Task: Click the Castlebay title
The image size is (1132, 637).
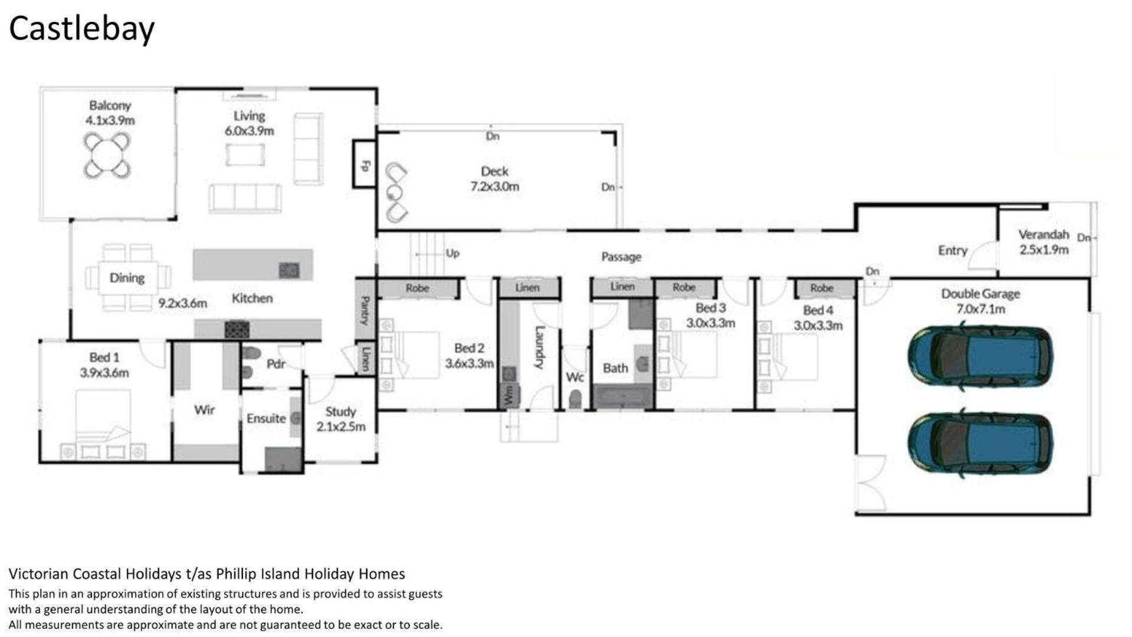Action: point(81,29)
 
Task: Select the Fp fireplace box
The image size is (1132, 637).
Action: point(365,164)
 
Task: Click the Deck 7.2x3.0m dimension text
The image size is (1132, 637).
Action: point(494,186)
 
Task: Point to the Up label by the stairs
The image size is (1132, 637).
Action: point(452,253)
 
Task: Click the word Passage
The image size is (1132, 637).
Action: point(621,257)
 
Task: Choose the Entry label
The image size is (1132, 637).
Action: point(953,250)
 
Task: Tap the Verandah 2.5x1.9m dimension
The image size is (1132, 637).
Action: point(1044,249)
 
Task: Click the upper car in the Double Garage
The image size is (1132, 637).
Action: point(980,356)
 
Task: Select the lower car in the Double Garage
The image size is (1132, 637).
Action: point(980,442)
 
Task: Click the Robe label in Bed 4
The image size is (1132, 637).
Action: point(822,288)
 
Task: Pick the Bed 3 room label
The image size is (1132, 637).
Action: point(710,308)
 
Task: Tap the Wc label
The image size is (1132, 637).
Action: point(575,377)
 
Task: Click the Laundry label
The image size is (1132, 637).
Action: point(539,347)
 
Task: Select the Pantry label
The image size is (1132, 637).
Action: point(365,310)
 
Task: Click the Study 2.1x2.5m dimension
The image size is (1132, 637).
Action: point(340,426)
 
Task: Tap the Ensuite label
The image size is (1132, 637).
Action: point(266,418)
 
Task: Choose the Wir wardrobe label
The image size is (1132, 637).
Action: point(204,409)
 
